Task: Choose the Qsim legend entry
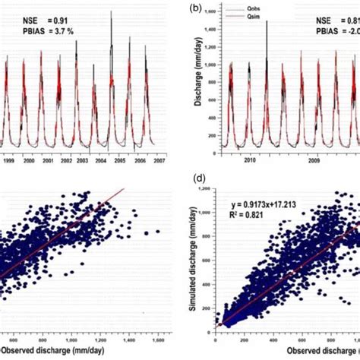click(x=254, y=21)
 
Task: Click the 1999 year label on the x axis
click(x=9, y=162)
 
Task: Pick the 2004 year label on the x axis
click(x=99, y=162)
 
